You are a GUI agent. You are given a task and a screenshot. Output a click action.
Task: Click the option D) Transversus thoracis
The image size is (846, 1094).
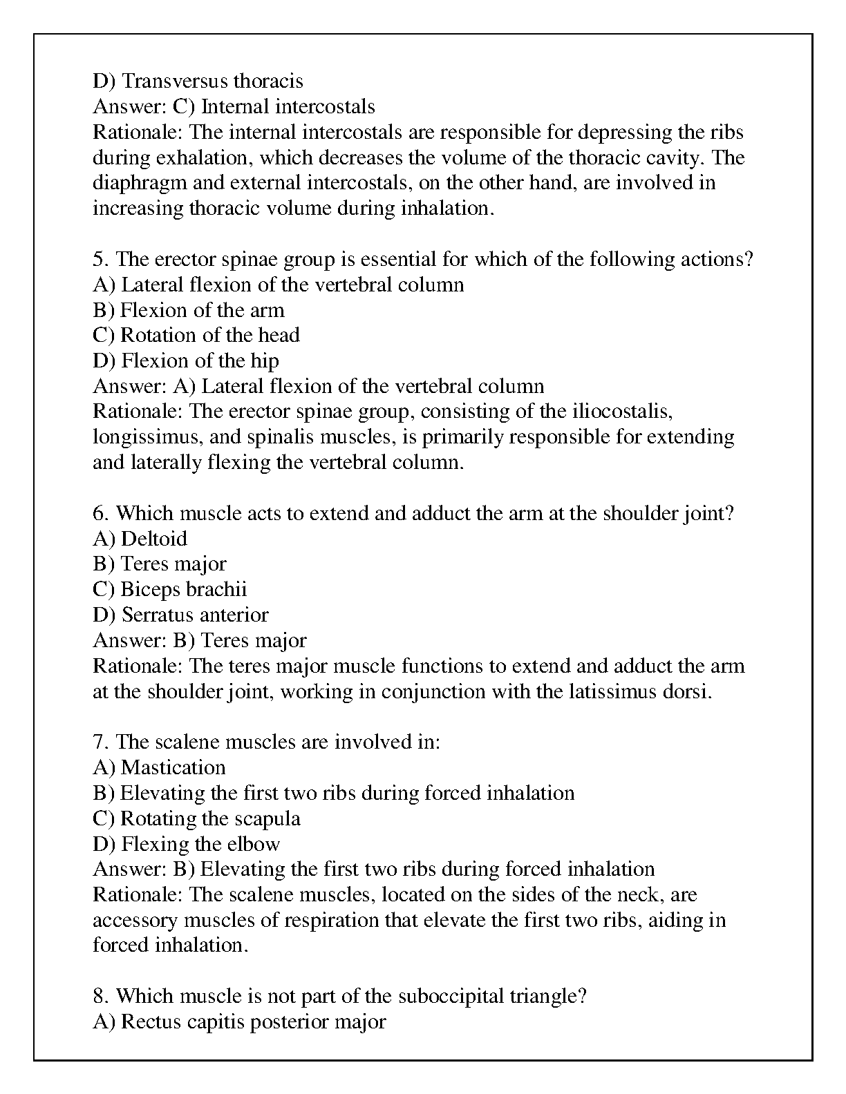pyautogui.click(x=198, y=81)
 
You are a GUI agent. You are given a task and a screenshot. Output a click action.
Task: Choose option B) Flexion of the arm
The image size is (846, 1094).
pyautogui.click(x=188, y=310)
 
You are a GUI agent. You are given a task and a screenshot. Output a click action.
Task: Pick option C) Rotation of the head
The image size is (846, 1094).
pyautogui.click(x=196, y=336)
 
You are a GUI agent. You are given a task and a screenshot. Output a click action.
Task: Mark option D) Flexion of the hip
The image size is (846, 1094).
pyautogui.click(x=185, y=361)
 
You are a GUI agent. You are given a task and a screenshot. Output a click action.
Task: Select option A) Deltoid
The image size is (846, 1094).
pyautogui.click(x=140, y=539)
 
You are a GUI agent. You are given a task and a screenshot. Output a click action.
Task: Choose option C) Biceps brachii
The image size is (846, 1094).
pyautogui.click(x=169, y=590)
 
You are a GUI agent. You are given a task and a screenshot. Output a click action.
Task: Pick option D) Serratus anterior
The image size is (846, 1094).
pyautogui.click(x=180, y=615)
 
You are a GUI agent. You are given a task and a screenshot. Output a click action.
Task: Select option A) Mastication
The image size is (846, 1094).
pyautogui.click(x=159, y=768)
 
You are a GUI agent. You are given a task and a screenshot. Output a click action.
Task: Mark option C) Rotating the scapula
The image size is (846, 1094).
pyautogui.click(x=196, y=819)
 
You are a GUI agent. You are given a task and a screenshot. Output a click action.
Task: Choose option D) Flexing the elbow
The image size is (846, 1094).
pyautogui.click(x=186, y=844)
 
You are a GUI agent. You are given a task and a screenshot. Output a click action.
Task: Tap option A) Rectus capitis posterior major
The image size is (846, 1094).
pyautogui.click(x=239, y=1022)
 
